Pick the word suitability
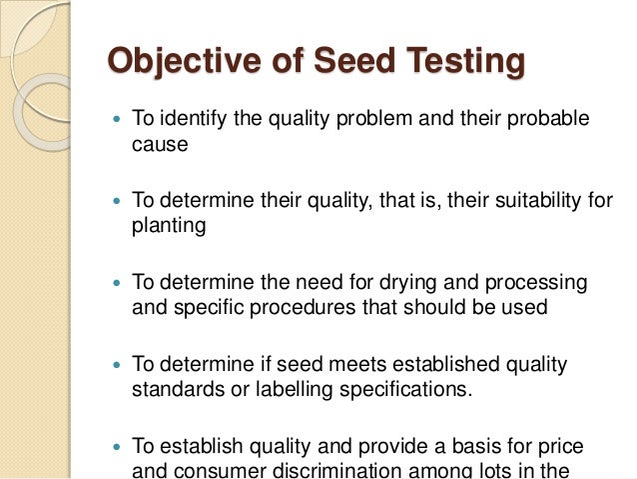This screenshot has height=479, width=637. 534,201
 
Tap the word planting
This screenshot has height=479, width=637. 169,226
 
